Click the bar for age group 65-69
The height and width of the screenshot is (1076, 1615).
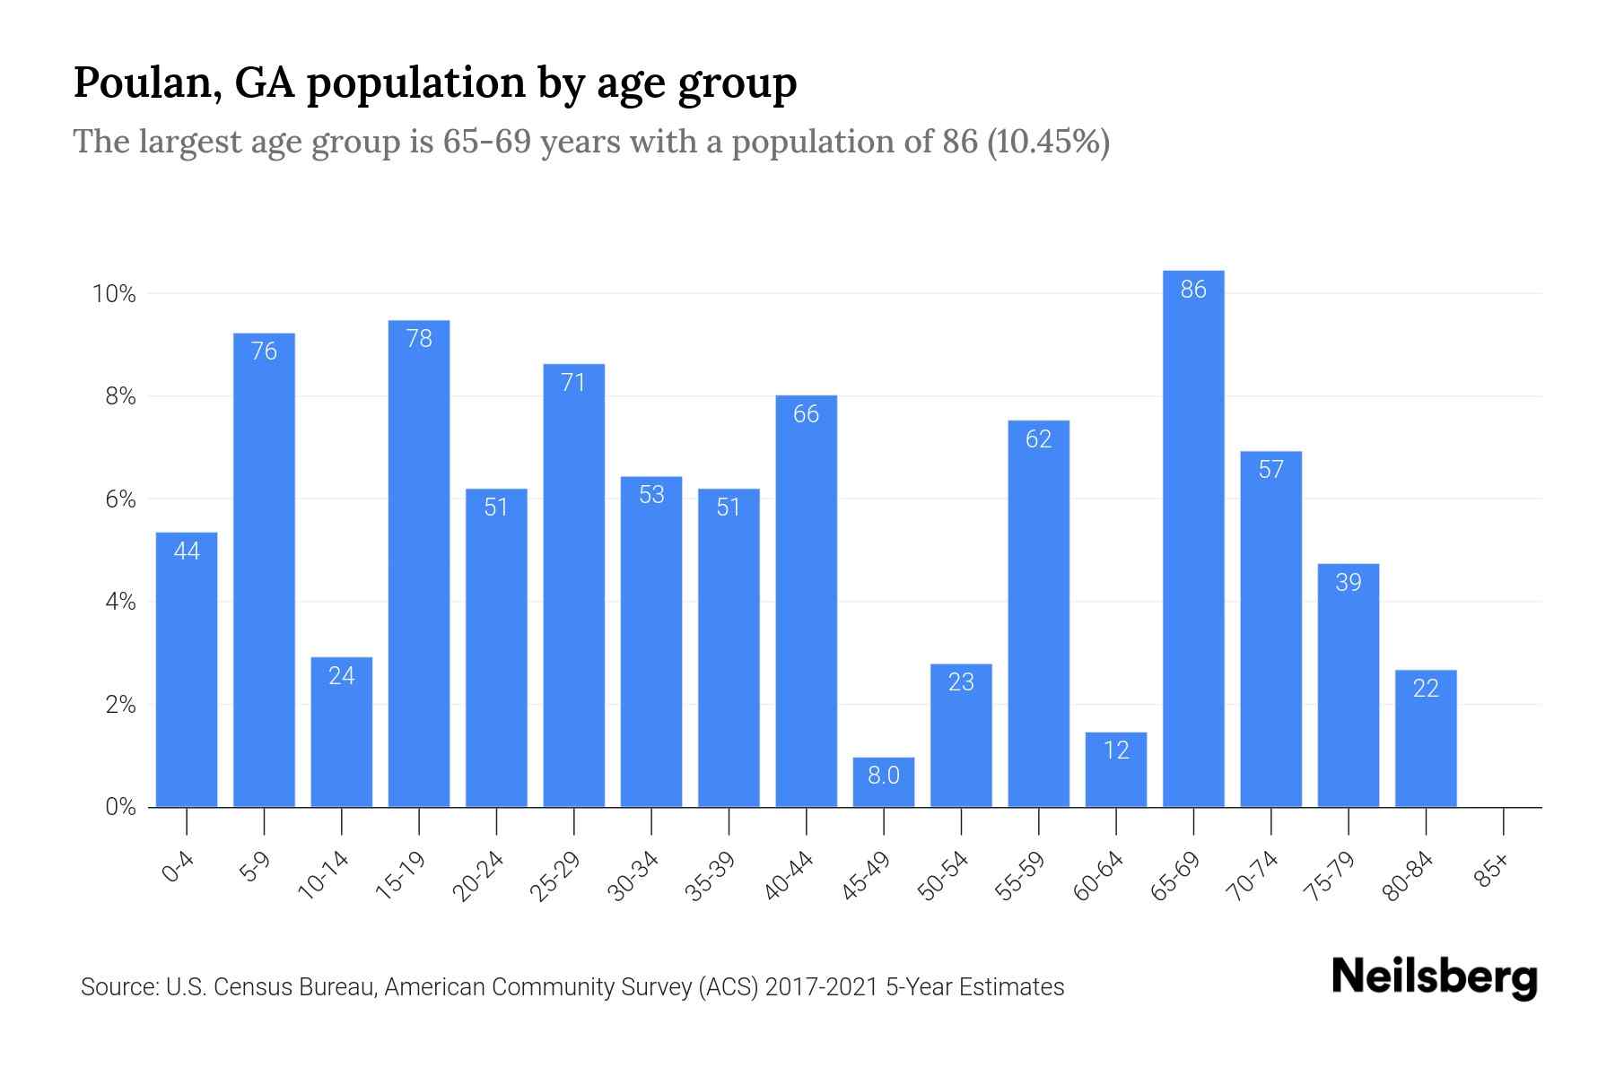click(x=1193, y=538)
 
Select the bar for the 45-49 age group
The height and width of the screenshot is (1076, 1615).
click(x=884, y=783)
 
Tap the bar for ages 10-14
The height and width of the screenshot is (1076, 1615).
click(x=342, y=732)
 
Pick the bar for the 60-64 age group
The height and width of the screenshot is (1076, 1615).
click(x=1116, y=769)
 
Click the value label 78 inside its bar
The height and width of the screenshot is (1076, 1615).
click(x=419, y=339)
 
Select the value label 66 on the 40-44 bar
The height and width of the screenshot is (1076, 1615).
click(x=806, y=414)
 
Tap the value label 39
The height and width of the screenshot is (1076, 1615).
click(x=1349, y=583)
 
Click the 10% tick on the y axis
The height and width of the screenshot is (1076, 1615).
click(x=114, y=294)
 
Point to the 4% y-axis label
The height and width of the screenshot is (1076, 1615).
click(x=120, y=602)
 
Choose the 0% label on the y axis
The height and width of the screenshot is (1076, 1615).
click(x=120, y=807)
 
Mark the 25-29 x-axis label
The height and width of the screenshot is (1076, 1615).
click(x=554, y=876)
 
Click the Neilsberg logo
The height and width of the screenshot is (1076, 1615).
click(x=1434, y=977)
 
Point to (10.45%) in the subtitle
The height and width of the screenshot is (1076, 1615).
click(x=1048, y=142)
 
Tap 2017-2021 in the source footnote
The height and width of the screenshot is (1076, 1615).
click(x=821, y=987)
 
